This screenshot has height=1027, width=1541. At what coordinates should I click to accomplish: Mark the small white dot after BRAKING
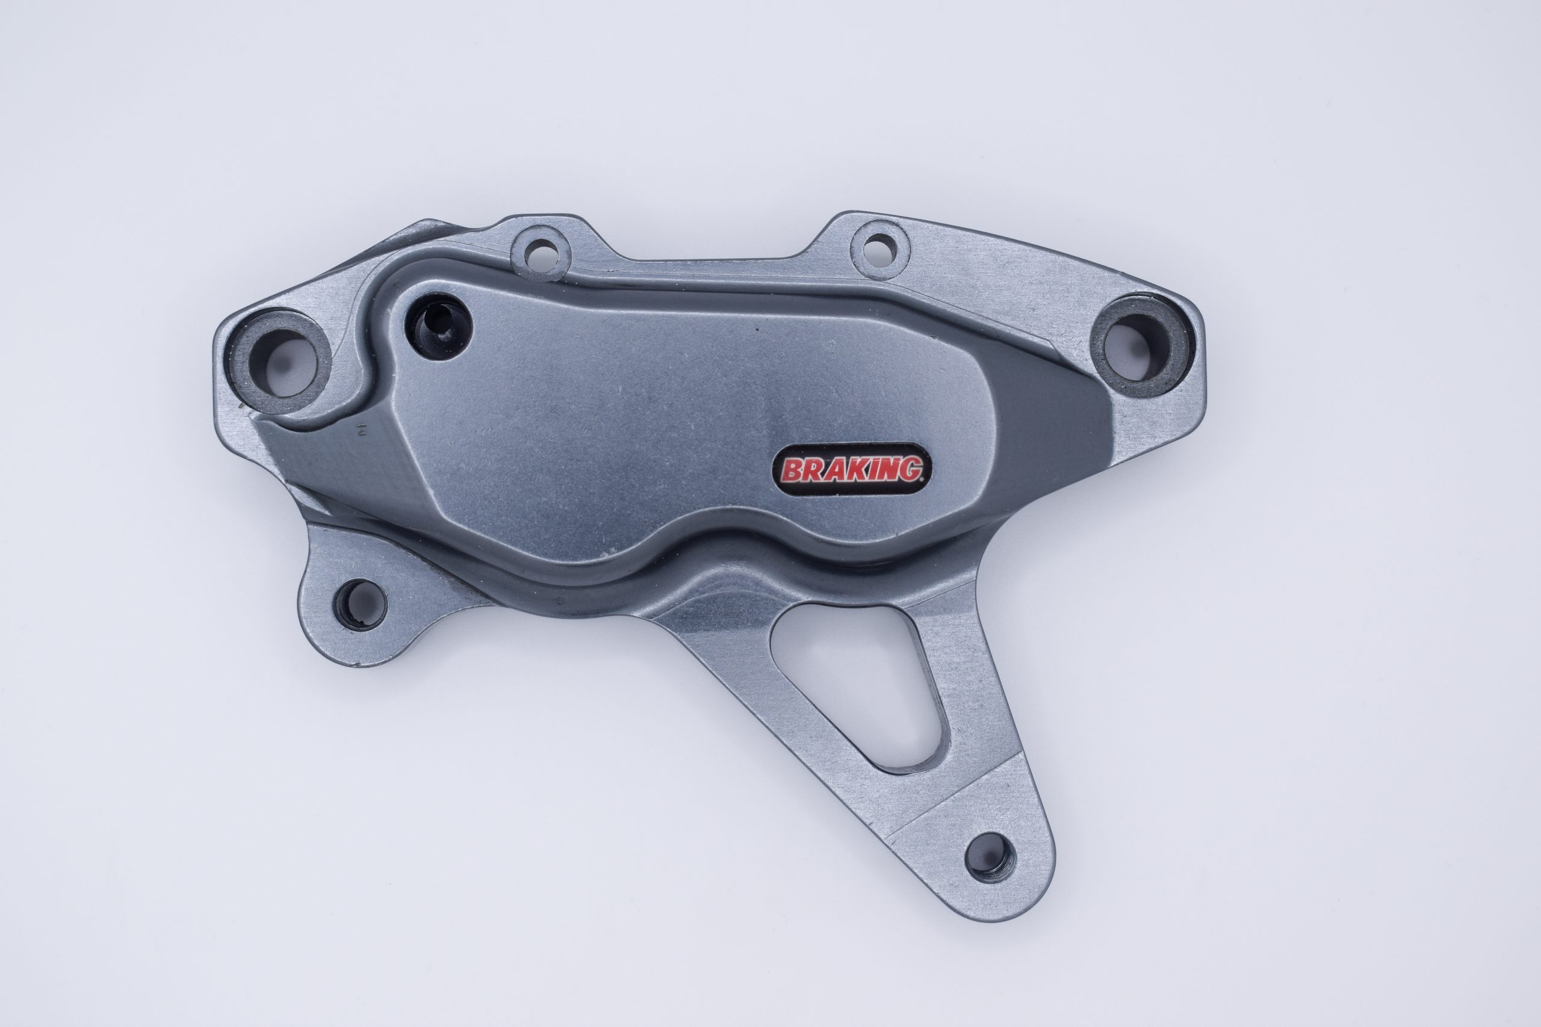click(x=926, y=478)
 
